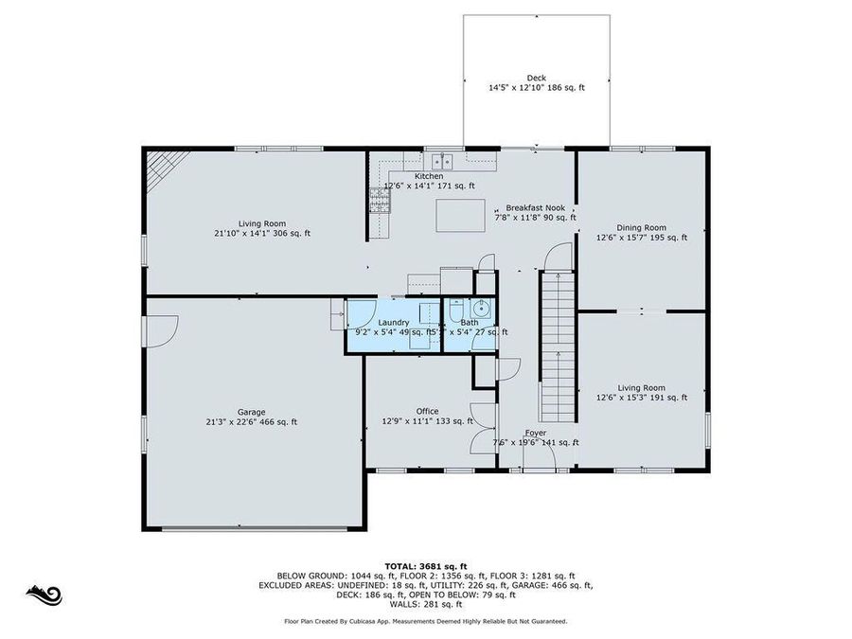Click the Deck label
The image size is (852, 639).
pyautogui.click(x=536, y=78)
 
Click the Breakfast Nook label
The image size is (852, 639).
pyautogui.click(x=535, y=207)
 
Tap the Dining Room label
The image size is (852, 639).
pyautogui.click(x=641, y=227)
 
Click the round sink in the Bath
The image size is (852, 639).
pyautogui.click(x=481, y=307)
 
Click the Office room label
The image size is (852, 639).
pyautogui.click(x=427, y=411)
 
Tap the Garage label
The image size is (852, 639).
pyautogui.click(x=251, y=412)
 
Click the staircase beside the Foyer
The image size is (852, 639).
pyautogui.click(x=557, y=346)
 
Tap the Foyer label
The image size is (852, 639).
pyautogui.click(x=536, y=433)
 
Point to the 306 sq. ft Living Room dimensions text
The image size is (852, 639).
pyautogui.click(x=261, y=233)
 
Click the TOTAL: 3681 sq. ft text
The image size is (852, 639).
pyautogui.click(x=425, y=564)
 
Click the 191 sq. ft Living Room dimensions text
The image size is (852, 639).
pyautogui.click(x=641, y=399)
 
